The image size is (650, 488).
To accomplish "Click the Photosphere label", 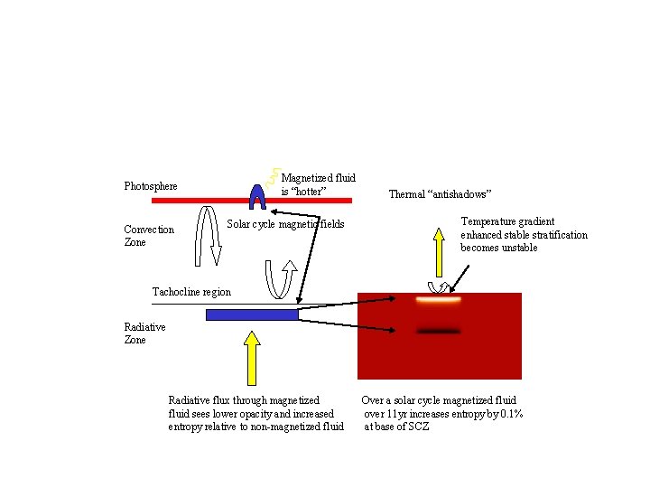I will (151, 186).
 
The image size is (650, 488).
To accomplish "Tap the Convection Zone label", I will (149, 236).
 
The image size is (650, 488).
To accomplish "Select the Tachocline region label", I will (191, 292).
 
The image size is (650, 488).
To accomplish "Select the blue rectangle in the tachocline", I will (252, 314).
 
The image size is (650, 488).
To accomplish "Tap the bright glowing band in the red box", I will (438, 299).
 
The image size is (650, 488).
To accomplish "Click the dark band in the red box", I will (438, 331).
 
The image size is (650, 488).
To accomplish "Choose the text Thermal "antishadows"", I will (440, 193).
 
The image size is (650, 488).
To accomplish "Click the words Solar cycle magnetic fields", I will (285, 223).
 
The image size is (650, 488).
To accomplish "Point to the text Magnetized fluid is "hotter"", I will (318, 184).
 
